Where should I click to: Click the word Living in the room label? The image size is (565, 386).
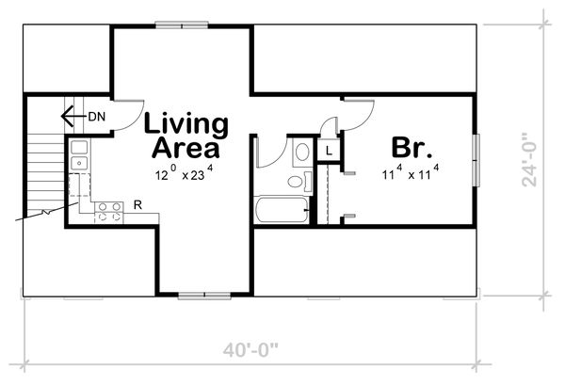coord(186,124)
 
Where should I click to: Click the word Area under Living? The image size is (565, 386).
coord(186,148)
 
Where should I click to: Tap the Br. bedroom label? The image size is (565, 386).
coord(412,149)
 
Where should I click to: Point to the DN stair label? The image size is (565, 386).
coord(96,117)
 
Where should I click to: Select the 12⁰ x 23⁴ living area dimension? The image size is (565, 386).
coord(185,174)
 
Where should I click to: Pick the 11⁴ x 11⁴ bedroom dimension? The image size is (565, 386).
coord(411,173)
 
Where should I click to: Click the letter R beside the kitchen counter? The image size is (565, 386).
coord(137,204)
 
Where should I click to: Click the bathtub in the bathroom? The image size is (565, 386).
coord(281,208)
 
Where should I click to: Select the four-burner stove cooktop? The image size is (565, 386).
coord(108,212)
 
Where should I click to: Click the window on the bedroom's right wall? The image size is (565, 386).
coord(476,156)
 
